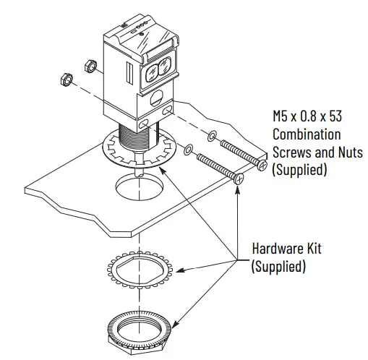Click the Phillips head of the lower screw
239,176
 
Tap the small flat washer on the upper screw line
210,136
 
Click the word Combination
307,135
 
